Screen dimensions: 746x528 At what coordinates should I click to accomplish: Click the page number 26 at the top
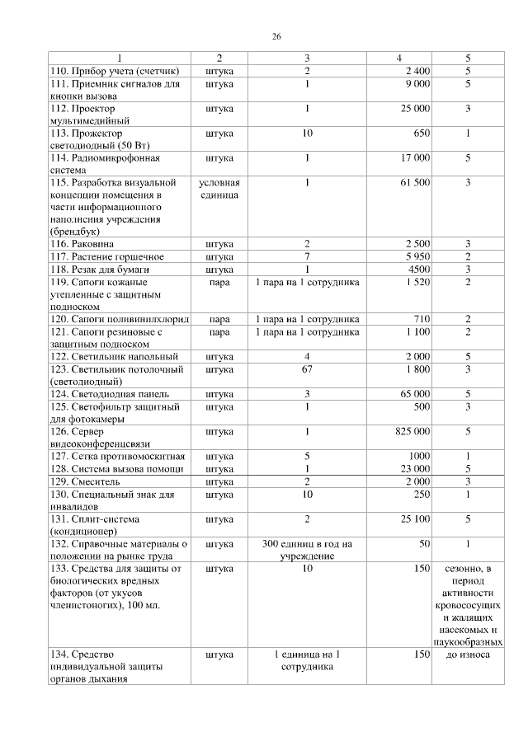tap(276, 36)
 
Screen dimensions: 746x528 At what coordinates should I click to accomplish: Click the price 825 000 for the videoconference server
tap(412, 431)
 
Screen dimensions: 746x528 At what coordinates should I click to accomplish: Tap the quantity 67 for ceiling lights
tap(306, 370)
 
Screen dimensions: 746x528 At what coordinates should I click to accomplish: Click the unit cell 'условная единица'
tap(219, 188)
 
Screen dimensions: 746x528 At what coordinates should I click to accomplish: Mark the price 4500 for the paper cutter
tap(417, 269)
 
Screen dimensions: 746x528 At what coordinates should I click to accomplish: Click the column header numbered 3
tap(306, 59)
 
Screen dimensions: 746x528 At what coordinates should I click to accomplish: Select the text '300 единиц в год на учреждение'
tap(306, 550)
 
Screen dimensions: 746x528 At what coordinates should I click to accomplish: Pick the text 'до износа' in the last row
tap(468, 655)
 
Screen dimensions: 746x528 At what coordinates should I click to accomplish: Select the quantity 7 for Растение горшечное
tap(306, 256)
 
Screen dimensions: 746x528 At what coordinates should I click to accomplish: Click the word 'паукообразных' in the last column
tap(468, 641)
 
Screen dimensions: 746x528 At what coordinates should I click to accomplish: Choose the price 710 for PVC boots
tap(421, 319)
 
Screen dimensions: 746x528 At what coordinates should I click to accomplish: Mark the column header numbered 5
tap(468, 59)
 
